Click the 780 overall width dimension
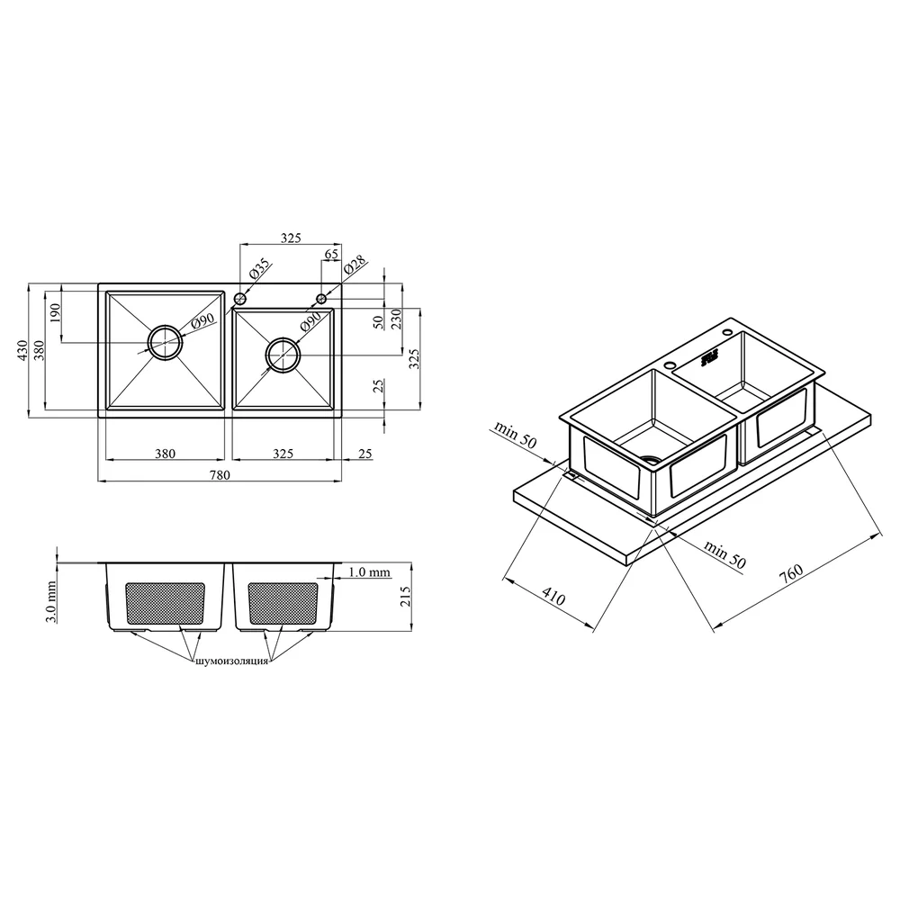point(220,474)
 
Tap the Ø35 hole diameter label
point(259,269)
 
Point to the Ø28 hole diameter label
point(355,265)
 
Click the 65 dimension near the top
point(331,255)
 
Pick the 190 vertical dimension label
point(55,313)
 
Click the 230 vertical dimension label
point(396,319)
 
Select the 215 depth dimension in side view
point(405,597)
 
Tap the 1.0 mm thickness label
point(369,571)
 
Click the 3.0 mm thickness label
point(51,601)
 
